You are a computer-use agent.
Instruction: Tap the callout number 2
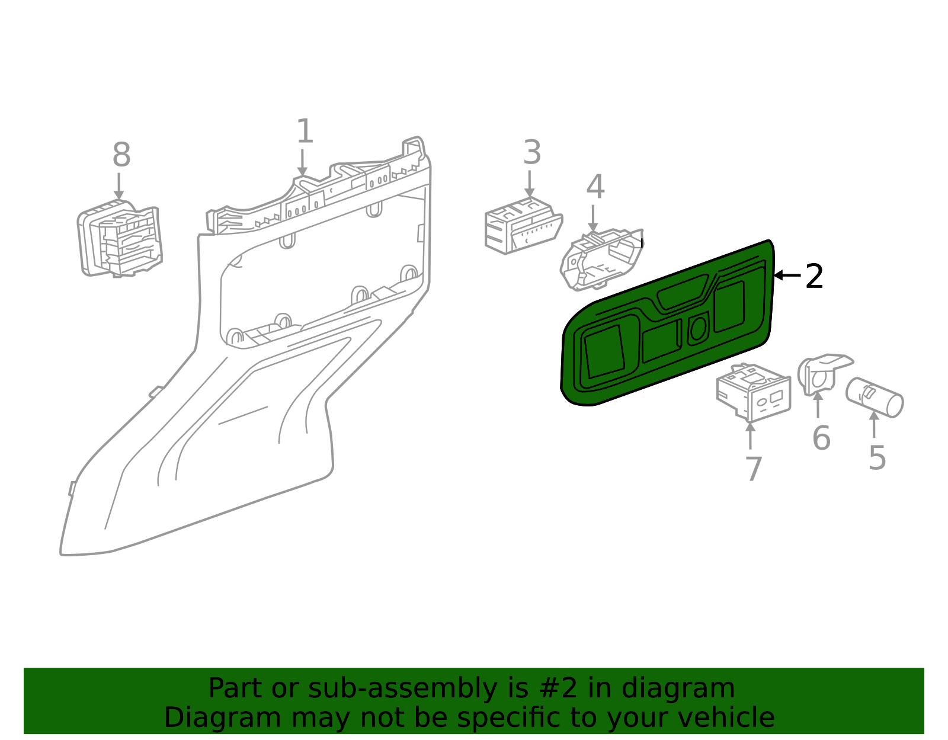(x=814, y=276)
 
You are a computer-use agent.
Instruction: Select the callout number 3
(x=532, y=152)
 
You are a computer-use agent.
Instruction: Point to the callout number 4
(x=595, y=186)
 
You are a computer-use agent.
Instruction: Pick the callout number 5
(x=877, y=458)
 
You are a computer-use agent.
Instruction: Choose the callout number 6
(x=821, y=437)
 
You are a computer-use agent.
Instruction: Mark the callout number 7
(x=754, y=469)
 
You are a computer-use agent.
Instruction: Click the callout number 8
(x=121, y=155)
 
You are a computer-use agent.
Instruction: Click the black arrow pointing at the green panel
(x=787, y=275)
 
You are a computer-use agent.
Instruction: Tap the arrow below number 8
(x=118, y=187)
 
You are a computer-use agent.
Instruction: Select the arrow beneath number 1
(x=302, y=163)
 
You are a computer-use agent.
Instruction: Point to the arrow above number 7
(x=750, y=435)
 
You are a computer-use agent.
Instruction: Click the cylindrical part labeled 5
(x=875, y=398)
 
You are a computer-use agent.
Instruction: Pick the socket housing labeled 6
(x=822, y=374)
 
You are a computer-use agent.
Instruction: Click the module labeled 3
(x=524, y=226)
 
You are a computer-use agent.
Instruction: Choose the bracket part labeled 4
(x=601, y=259)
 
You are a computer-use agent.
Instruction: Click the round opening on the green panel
(x=699, y=328)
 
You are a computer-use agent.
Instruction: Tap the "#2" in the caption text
(x=558, y=688)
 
